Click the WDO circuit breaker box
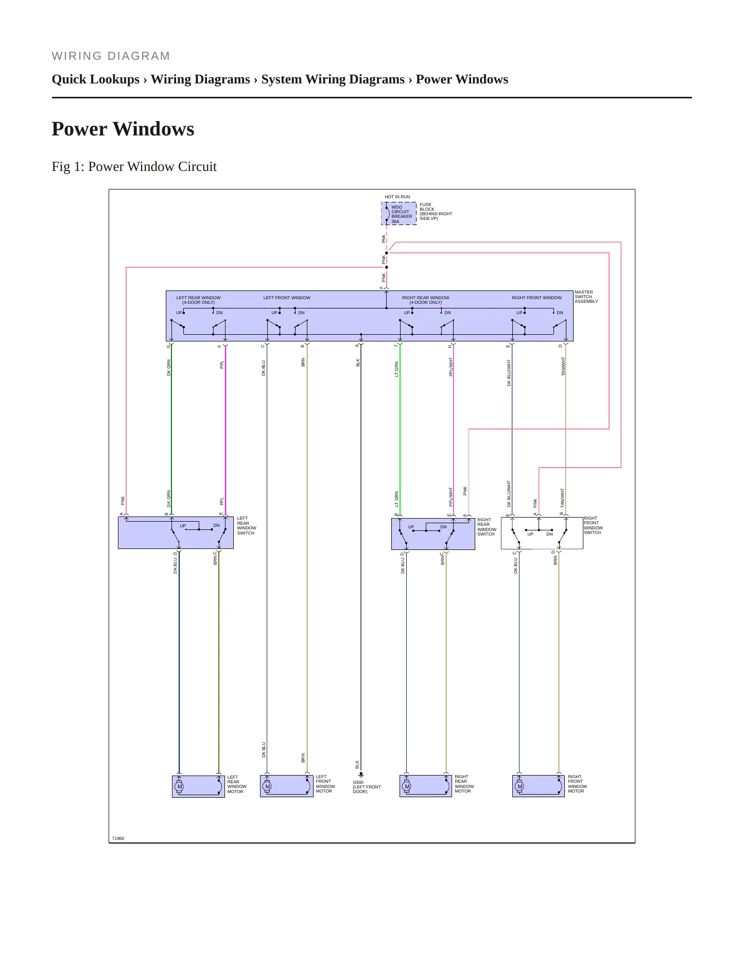coord(399,214)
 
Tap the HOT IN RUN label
coord(397,197)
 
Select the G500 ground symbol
coord(361,774)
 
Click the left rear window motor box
coord(198,786)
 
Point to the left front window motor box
coord(286,786)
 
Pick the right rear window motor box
coord(426,786)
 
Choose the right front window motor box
coord(539,786)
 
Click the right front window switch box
coord(542,533)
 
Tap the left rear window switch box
coord(176,532)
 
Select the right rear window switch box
coord(433,534)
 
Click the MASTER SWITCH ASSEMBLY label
coord(586,297)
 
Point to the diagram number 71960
coord(118,838)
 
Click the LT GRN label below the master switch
coord(396,369)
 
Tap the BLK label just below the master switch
coord(358,363)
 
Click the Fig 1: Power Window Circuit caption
coord(134,166)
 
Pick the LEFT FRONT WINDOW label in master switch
coord(287,298)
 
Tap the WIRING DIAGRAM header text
coord(111,56)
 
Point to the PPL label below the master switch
coord(222,364)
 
